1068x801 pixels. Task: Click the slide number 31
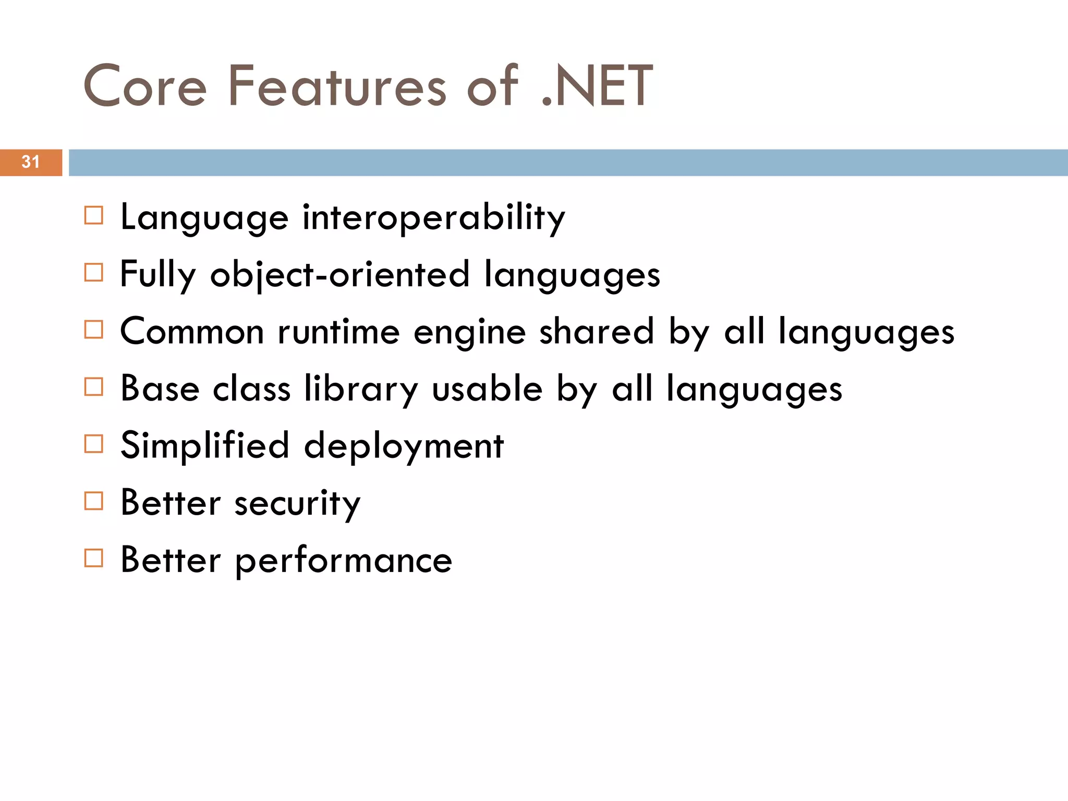[x=31, y=162]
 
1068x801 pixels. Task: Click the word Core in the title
[x=145, y=87]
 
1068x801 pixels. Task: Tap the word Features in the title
[x=337, y=87]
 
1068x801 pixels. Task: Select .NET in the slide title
[x=597, y=87]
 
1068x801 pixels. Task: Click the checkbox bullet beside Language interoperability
[x=94, y=215]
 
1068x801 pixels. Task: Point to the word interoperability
[x=433, y=217]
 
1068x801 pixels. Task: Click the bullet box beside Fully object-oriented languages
[x=94, y=272]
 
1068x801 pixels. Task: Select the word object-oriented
[x=339, y=275]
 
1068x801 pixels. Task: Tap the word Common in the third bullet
[x=192, y=332]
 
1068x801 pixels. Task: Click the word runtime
[x=338, y=332]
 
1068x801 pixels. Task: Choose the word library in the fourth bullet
[x=361, y=390]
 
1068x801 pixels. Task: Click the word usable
[x=487, y=389]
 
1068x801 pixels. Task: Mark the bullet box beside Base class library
[x=94, y=387]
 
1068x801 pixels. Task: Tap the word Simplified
[x=204, y=446]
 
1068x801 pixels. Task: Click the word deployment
[x=404, y=447]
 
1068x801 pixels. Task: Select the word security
[x=297, y=504]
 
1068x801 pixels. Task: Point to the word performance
[x=344, y=561]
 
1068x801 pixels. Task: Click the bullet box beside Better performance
[x=94, y=558]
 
